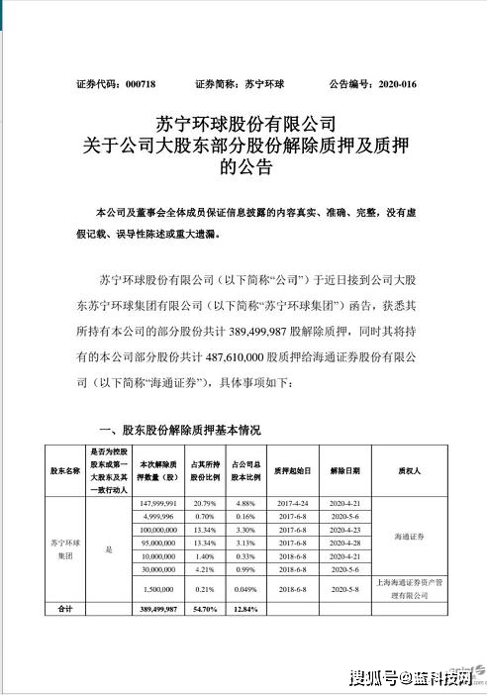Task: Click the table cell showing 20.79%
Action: point(200,503)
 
